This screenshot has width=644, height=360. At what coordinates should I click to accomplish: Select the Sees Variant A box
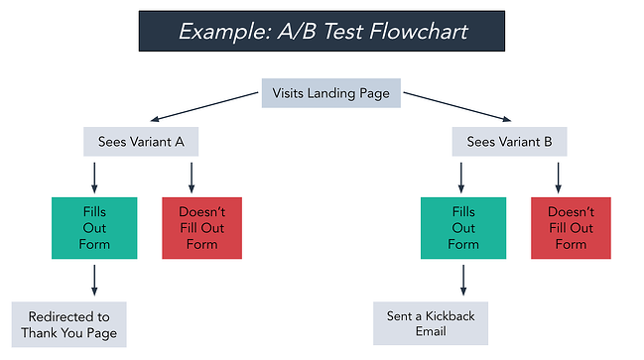click(141, 141)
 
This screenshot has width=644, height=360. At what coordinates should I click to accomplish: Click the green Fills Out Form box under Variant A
click(93, 227)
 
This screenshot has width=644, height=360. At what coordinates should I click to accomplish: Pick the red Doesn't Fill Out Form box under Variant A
click(202, 227)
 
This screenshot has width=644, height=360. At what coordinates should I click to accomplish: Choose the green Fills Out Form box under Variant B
click(462, 227)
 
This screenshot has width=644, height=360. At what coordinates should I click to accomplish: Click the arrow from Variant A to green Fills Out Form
click(93, 177)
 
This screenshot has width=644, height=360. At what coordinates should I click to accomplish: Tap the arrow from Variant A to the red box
click(191, 177)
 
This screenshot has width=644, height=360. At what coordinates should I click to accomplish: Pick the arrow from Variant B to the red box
click(560, 177)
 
